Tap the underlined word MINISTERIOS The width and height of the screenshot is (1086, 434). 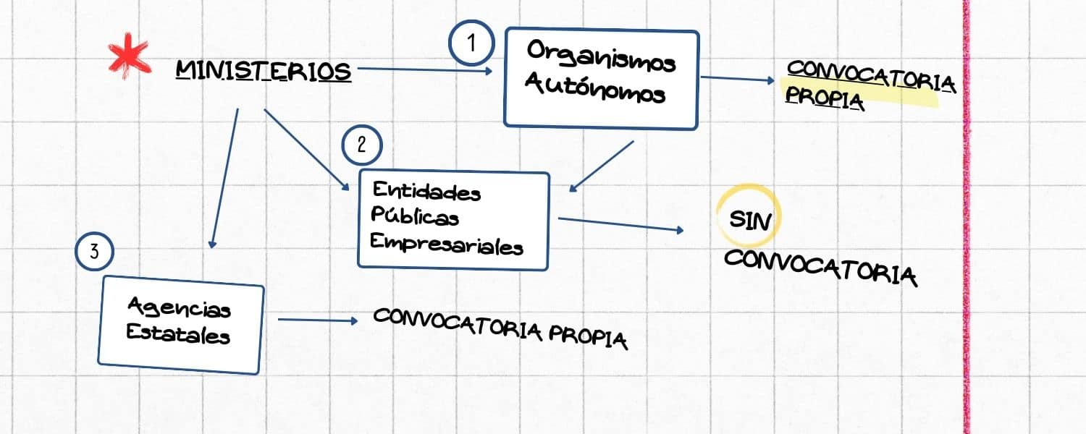(264, 71)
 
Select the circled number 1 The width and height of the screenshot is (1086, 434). (471, 43)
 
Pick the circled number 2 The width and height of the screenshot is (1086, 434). (362, 145)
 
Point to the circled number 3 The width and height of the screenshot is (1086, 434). (95, 251)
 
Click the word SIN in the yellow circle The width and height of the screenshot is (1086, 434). (750, 221)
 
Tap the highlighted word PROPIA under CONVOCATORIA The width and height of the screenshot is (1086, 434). (824, 98)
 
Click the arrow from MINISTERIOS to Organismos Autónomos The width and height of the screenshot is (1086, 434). (425, 69)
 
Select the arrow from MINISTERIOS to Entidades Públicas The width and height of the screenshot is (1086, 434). (306, 150)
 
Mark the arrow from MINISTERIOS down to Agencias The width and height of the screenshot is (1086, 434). (224, 178)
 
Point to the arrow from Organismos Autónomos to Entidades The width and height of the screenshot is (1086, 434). (601, 166)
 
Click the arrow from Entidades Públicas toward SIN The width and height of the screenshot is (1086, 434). (621, 225)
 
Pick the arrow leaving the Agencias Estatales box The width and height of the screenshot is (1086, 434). (318, 320)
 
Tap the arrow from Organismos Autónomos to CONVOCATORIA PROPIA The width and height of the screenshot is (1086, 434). (738, 79)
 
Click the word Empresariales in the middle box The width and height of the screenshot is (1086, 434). (447, 244)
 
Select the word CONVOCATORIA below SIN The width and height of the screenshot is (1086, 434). (821, 268)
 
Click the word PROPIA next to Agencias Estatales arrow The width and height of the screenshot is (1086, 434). (588, 337)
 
